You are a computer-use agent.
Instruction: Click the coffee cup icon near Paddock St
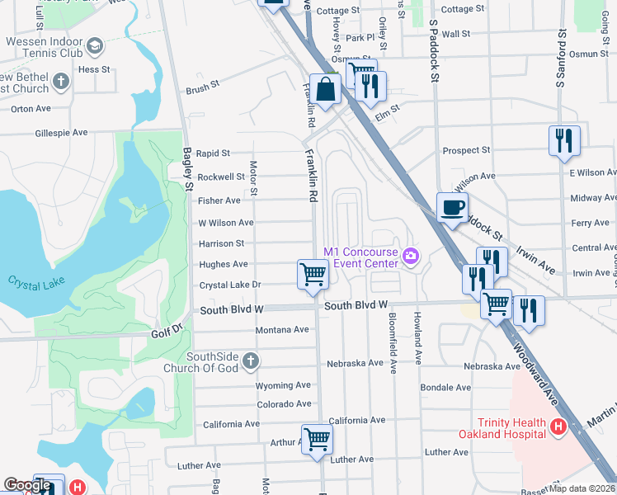pos(451,208)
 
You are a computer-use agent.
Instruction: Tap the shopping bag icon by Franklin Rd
pos(326,90)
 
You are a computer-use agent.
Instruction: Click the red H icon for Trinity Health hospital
pos(558,427)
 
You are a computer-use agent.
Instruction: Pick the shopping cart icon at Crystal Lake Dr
pos(313,274)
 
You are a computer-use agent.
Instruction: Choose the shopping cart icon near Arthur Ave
pos(317,439)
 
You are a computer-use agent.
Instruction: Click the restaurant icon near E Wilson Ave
pos(564,140)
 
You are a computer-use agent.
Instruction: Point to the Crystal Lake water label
pos(31,280)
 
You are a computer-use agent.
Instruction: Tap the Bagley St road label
pos(187,169)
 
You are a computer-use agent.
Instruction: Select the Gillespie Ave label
pos(61,132)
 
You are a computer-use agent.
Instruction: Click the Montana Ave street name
pos(281,329)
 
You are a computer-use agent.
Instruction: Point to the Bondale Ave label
pos(445,387)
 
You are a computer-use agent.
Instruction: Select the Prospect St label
pos(466,150)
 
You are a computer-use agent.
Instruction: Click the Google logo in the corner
pos(27,485)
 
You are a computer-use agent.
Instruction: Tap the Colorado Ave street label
pos(285,403)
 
